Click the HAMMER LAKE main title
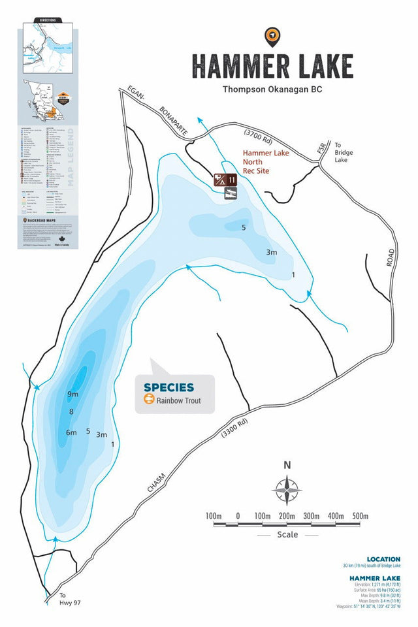pos(272,66)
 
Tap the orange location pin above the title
pos(272,37)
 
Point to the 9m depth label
pos(72,394)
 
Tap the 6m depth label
pos(71,433)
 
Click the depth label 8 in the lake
pos(71,411)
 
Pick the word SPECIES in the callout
pos(169,387)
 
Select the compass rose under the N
pos(287,488)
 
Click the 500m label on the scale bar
pos(360,516)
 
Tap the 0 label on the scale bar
pos(238,516)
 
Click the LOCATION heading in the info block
pos(383,559)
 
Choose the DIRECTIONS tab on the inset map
pos(48,20)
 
